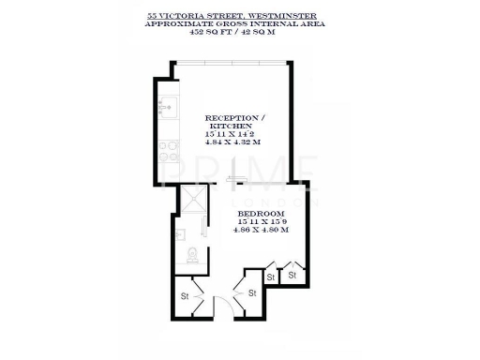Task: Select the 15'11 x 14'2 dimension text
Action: click(230, 135)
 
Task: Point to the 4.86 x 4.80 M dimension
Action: click(262, 231)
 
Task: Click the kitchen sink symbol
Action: click(166, 107)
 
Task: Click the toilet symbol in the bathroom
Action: click(192, 253)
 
